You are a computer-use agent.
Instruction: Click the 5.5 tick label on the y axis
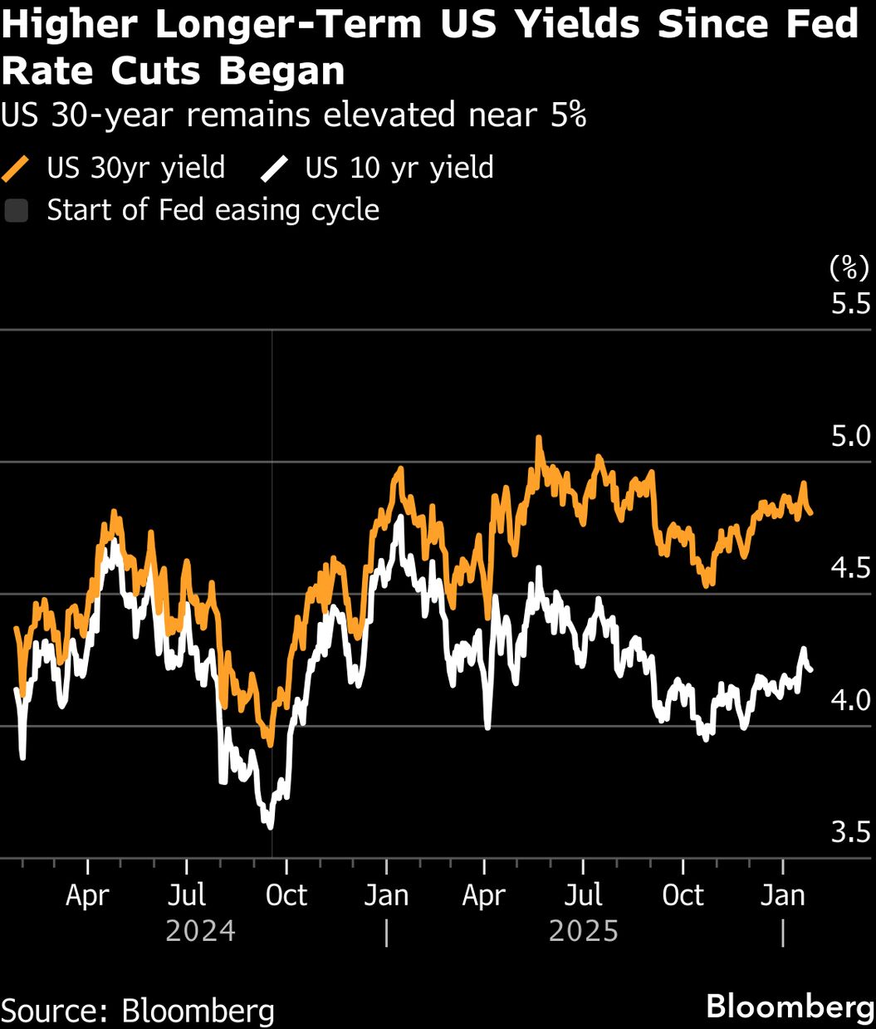coord(850,303)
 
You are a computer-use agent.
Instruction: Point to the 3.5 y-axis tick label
coord(850,832)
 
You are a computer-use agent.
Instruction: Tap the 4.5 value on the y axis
coord(850,568)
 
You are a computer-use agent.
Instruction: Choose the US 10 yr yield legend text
coord(399,168)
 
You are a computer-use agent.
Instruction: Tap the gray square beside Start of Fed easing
coord(17,210)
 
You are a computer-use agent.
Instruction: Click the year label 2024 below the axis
coord(200,931)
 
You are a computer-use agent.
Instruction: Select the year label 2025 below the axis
coord(584,931)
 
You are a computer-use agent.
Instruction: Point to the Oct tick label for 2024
coord(286,895)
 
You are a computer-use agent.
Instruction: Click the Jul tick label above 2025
coord(583,895)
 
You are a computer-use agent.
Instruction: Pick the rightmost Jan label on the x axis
coord(783,895)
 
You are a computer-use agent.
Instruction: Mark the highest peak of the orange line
coord(538,438)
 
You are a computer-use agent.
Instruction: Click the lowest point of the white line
coord(269,826)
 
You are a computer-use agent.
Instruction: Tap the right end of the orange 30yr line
coord(811,513)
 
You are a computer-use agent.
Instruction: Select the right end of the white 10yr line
coord(811,669)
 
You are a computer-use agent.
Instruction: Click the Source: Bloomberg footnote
coord(138,1010)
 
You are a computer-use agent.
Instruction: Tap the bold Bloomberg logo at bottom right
coord(790,1007)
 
